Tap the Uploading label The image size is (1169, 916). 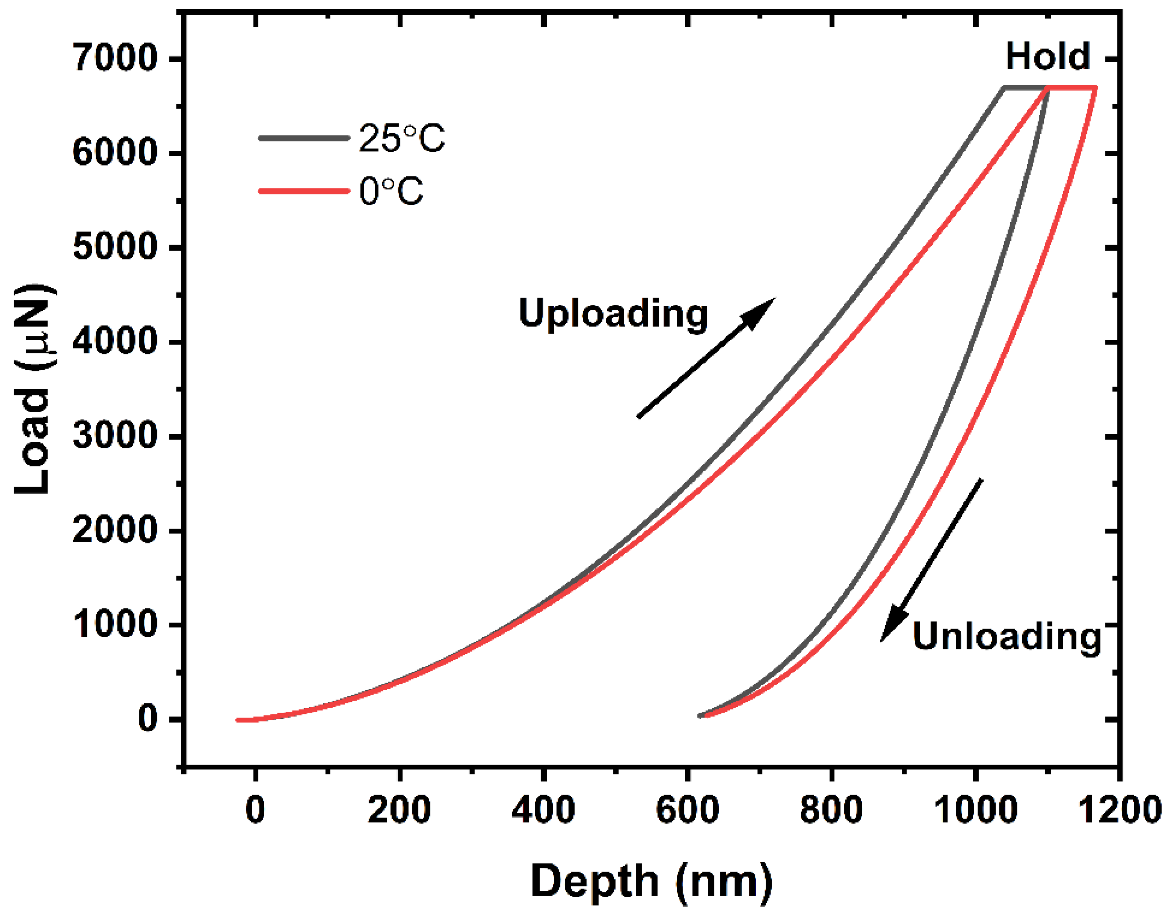tap(613, 313)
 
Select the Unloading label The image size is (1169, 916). tap(1007, 637)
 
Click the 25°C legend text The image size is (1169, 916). tap(401, 139)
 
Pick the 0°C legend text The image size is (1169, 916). tap(391, 191)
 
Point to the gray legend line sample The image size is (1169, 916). tap(303, 138)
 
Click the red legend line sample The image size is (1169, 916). tap(303, 191)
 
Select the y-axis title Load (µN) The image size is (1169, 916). tap(33, 389)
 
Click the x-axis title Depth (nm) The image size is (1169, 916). tap(651, 881)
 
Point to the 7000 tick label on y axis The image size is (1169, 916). tap(115, 57)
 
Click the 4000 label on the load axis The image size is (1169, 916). tap(115, 341)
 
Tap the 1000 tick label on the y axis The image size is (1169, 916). tap(115, 624)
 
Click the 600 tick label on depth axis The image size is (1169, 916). tap(687, 809)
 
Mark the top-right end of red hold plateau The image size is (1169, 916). tap(1095, 87)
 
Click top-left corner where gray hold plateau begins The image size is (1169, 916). tap(1004, 87)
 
